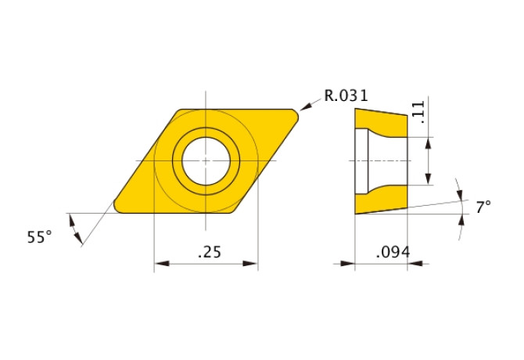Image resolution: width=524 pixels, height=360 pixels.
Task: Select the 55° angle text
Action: click(x=39, y=236)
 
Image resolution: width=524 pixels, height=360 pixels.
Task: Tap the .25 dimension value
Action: click(x=207, y=252)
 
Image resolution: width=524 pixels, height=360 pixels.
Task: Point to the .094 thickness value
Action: click(x=393, y=252)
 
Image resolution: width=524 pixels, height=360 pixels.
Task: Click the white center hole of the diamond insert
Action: click(x=206, y=160)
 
